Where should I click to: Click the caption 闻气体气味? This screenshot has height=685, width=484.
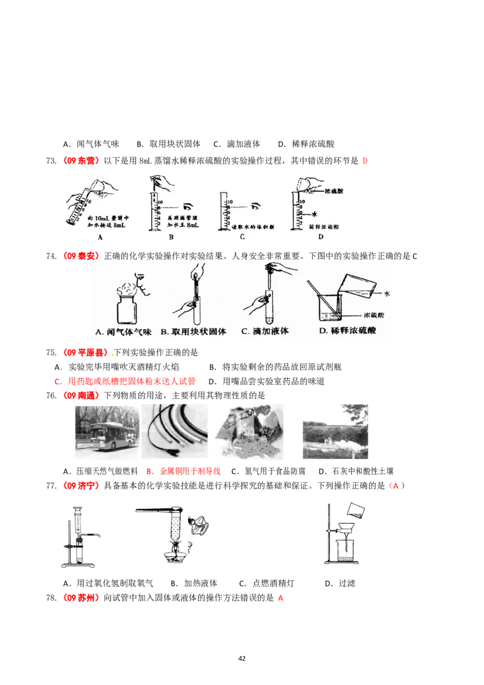pyautogui.click(x=123, y=331)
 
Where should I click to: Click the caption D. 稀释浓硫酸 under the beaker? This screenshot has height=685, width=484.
pyautogui.click(x=353, y=331)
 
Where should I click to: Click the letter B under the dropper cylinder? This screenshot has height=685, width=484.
pyautogui.click(x=171, y=237)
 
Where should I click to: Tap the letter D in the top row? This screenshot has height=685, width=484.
pyautogui.click(x=321, y=237)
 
